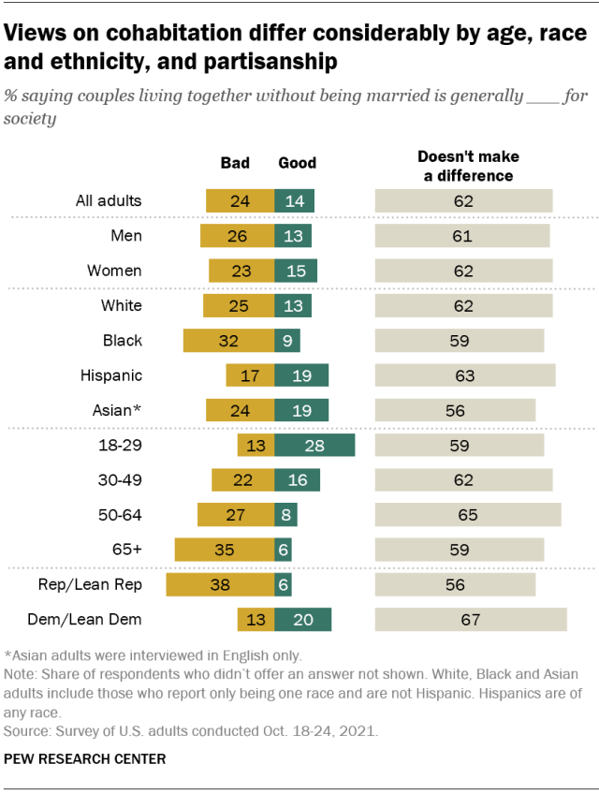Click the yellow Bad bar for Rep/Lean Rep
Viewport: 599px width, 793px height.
[x=220, y=584]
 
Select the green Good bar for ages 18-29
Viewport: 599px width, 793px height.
[x=314, y=445]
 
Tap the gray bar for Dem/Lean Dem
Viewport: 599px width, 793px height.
[x=471, y=620]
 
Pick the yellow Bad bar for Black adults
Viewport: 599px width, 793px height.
[x=228, y=340]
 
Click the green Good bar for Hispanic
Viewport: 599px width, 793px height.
[x=301, y=375]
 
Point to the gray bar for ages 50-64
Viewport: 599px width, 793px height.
[x=468, y=515]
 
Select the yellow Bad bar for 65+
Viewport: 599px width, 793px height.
[x=225, y=550]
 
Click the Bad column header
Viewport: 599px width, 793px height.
[x=235, y=163]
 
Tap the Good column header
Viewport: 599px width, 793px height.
[x=298, y=163]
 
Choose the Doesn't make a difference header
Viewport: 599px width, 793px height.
[x=467, y=166]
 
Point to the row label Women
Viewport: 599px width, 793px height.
[x=114, y=271]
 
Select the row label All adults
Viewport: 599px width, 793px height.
[x=109, y=200]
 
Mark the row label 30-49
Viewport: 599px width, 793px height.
[x=120, y=480]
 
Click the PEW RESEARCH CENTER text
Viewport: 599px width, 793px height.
[x=85, y=759]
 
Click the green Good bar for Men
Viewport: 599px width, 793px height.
[x=293, y=235]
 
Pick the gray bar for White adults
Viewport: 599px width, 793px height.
[x=463, y=305]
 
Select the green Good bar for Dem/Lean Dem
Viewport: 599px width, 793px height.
[x=303, y=620]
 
